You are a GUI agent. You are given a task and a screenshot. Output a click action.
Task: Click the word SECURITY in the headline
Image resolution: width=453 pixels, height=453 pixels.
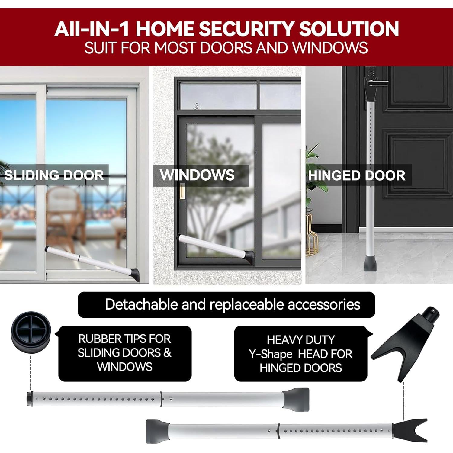click(246, 29)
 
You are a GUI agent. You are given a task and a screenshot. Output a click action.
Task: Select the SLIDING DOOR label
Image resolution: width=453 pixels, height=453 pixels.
click(54, 175)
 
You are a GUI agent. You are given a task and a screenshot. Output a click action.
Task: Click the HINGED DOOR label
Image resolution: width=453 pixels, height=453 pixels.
click(357, 176)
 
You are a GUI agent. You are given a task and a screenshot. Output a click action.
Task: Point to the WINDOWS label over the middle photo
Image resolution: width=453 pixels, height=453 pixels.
click(197, 175)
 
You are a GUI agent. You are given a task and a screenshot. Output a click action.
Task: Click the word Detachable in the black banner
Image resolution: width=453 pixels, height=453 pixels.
click(142, 304)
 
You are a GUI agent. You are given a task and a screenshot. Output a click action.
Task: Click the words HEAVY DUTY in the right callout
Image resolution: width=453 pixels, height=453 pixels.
click(301, 340)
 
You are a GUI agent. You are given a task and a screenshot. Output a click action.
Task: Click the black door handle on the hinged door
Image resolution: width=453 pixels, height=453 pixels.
click(376, 82)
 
